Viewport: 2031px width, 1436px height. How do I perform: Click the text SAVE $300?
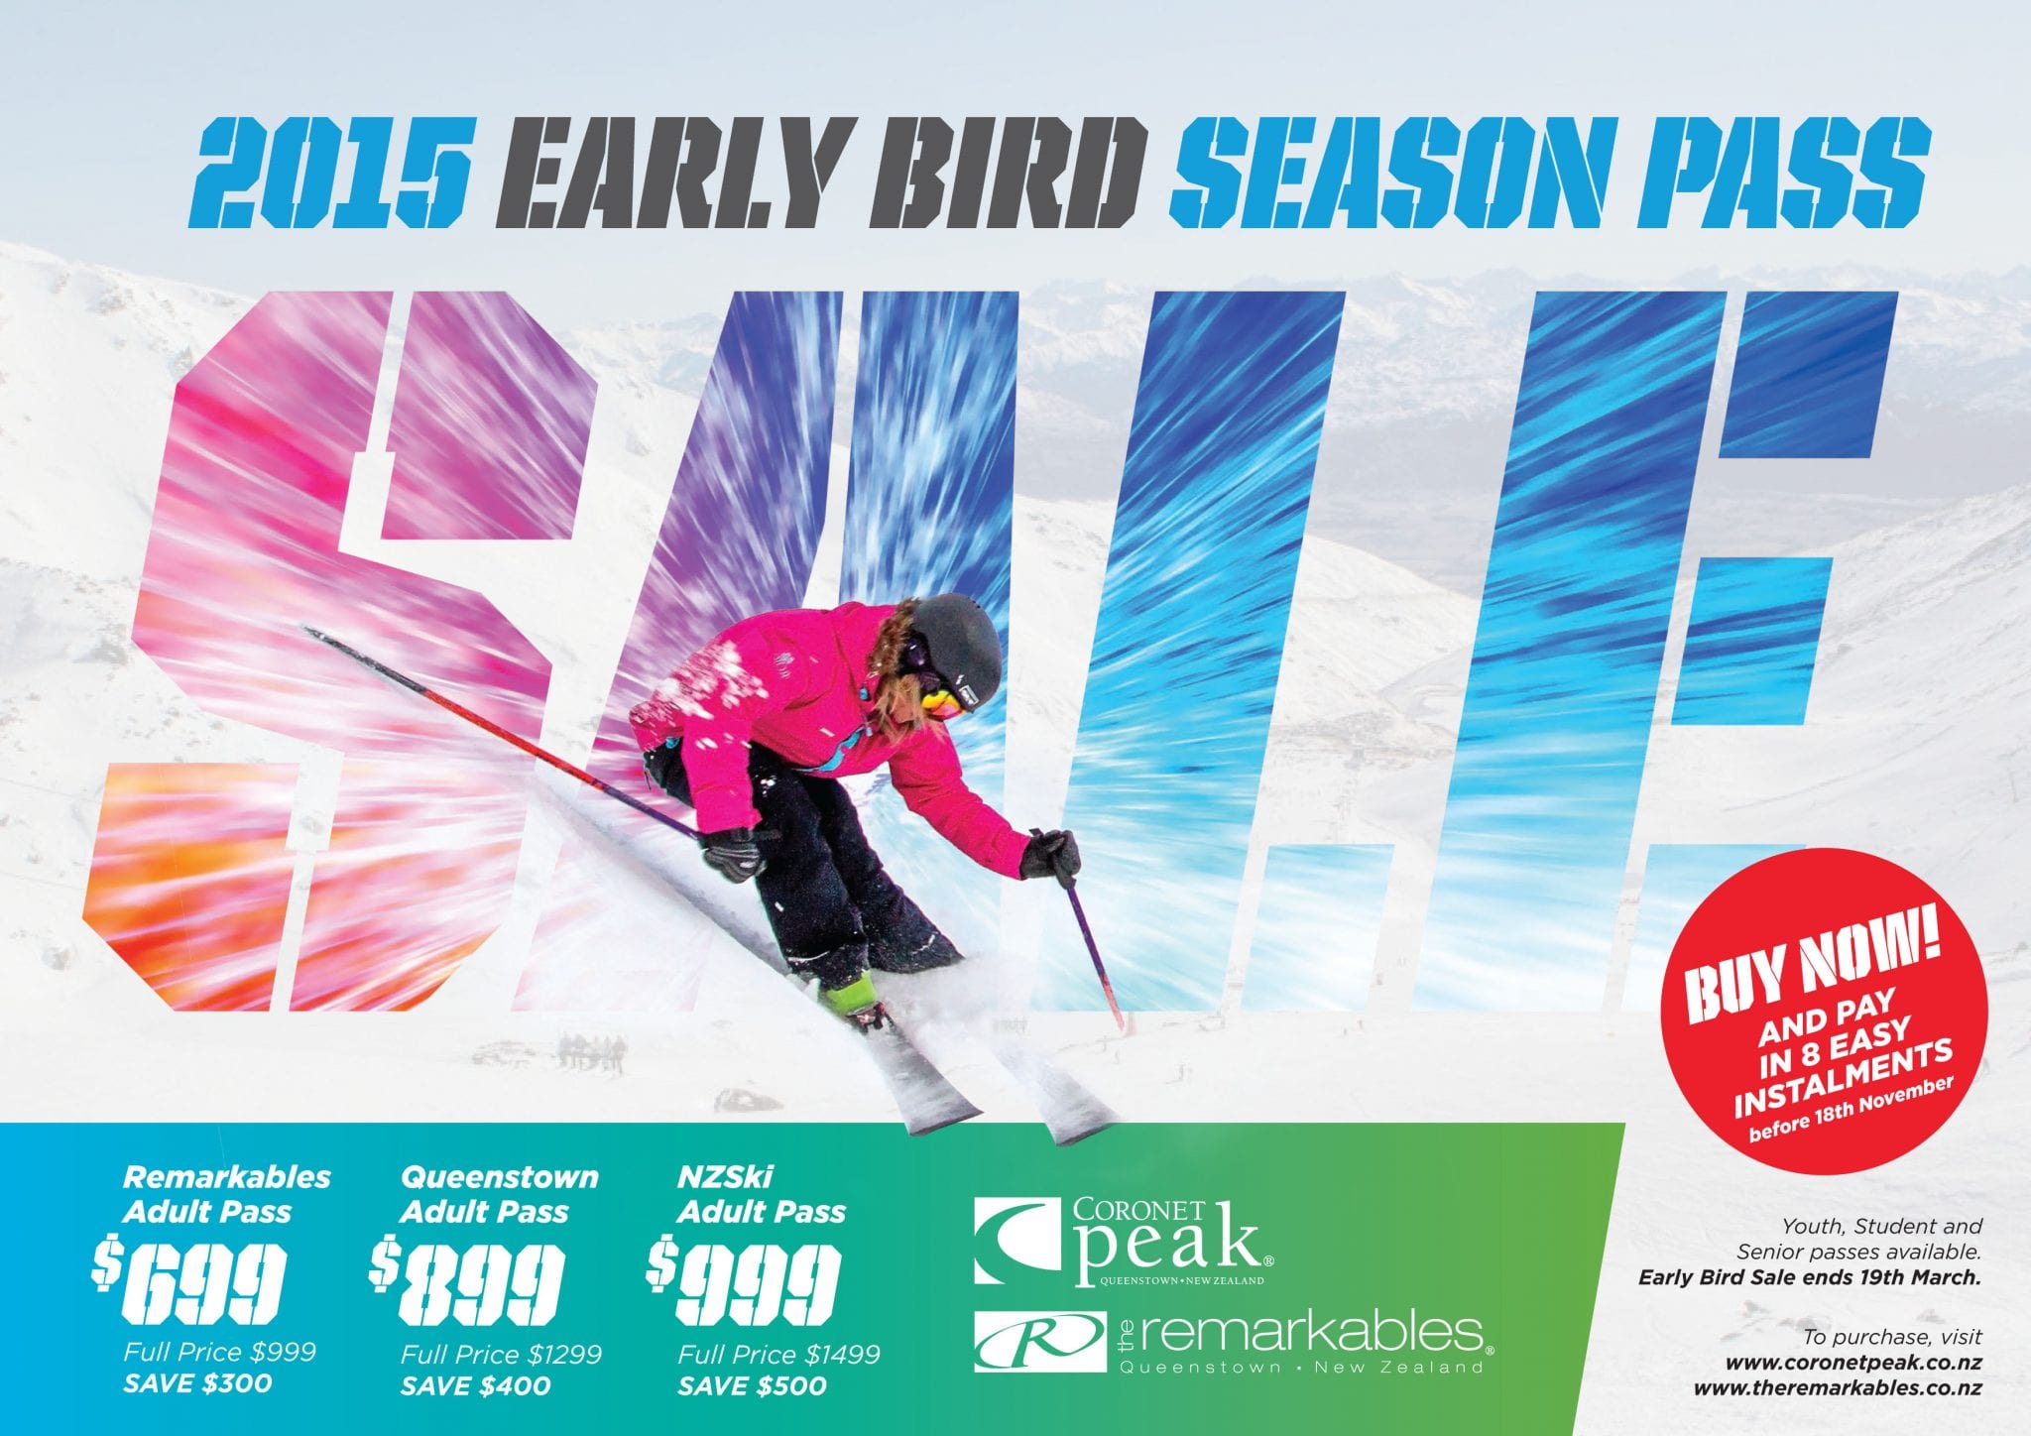click(x=197, y=1382)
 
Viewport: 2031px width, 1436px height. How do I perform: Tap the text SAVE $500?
click(x=753, y=1385)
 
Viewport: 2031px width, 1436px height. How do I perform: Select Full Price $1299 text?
click(x=501, y=1354)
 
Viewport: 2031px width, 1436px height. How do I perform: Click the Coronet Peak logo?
click(x=1123, y=1241)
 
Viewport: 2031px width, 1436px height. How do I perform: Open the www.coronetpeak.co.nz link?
click(x=1853, y=1363)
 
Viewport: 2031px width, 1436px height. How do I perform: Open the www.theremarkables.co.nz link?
click(x=1838, y=1387)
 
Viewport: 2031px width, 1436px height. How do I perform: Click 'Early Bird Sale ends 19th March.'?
click(x=1810, y=1276)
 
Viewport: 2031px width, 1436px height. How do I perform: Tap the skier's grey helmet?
click(x=957, y=644)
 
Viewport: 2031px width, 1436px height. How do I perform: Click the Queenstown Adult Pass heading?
click(x=499, y=1194)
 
